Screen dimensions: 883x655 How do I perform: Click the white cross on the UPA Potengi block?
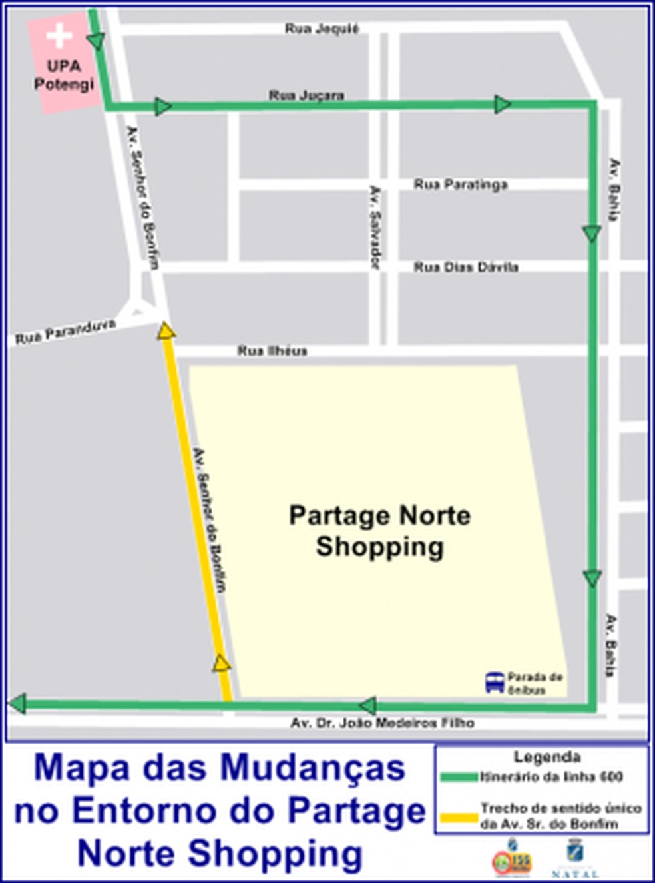[60, 36]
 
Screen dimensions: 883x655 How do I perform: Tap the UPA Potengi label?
[64, 75]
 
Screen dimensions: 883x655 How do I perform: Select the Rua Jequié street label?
[322, 29]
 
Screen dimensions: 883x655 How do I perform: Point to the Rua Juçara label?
[306, 95]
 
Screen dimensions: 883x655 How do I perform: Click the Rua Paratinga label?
[461, 184]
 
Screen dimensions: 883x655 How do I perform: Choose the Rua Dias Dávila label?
[466, 267]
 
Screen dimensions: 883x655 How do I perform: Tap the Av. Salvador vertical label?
[375, 227]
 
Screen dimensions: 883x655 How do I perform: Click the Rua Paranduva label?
[65, 332]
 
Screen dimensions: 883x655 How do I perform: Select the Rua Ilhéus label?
[272, 350]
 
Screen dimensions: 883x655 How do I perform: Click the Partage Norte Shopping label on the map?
[379, 531]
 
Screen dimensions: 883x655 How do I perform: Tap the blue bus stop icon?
[495, 683]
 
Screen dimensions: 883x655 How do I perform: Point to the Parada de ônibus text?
[535, 683]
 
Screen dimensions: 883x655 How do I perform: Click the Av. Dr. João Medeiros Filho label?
[382, 723]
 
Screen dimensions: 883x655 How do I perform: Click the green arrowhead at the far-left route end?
[18, 703]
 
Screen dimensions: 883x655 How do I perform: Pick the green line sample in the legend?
[459, 777]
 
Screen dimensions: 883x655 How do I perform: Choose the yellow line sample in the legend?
[459, 816]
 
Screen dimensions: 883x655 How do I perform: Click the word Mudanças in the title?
[312, 768]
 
